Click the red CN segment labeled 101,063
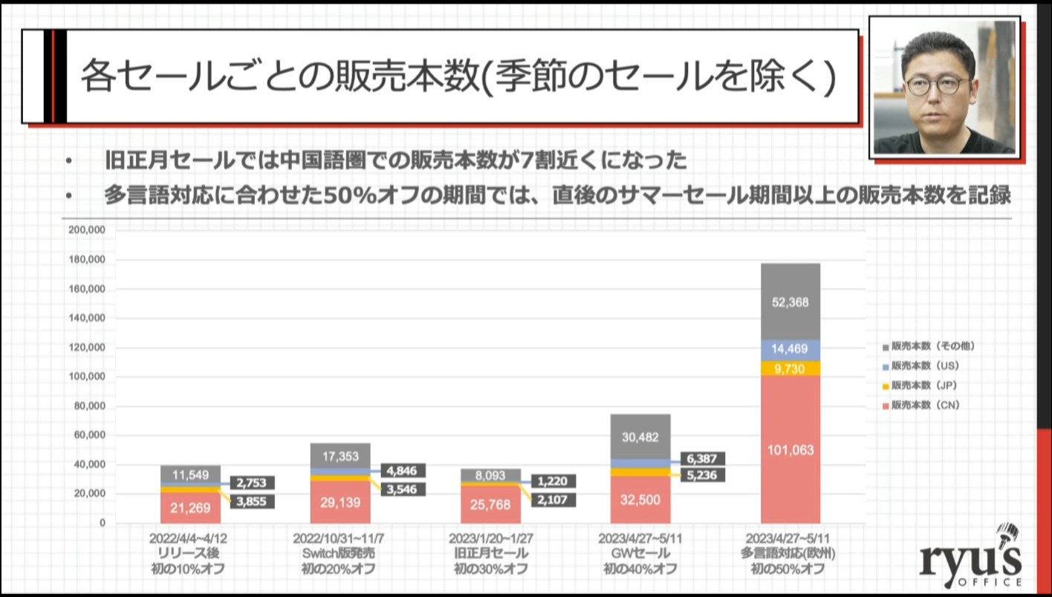(790, 449)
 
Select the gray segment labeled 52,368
(790, 302)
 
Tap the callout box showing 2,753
(252, 482)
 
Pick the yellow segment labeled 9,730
(790, 368)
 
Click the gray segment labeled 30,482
(640, 437)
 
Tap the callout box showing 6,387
(702, 460)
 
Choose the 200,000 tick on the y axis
(87, 231)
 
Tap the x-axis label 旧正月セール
(490, 553)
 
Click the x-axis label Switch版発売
(339, 553)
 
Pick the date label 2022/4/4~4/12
(189, 538)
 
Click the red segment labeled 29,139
(340, 502)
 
